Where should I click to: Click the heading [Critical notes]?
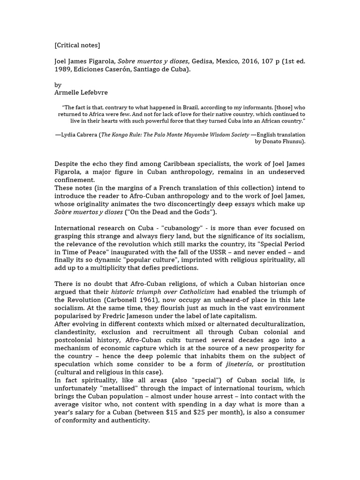(77, 45)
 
